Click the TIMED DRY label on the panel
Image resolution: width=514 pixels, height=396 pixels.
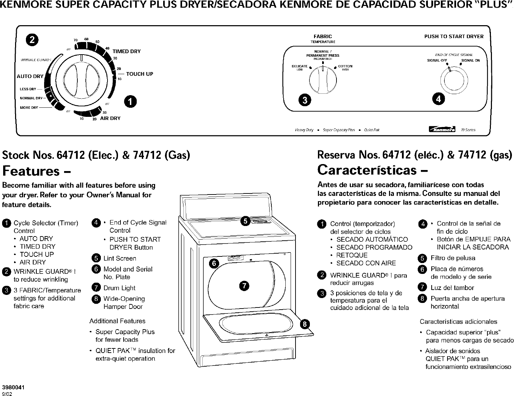point(126,51)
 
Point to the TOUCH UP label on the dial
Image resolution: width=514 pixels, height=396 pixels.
point(139,74)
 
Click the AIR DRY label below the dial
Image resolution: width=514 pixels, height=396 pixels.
point(110,118)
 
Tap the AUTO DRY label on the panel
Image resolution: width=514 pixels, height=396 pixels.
point(30,76)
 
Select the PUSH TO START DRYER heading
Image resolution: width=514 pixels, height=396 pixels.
point(454,36)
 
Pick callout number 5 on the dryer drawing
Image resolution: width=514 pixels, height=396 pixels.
point(246,221)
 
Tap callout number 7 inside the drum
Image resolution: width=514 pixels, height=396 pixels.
point(244,285)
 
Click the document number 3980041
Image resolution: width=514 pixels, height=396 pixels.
point(13,387)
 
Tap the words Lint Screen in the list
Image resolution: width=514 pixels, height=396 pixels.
point(120,259)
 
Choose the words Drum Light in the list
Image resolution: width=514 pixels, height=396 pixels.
point(119,288)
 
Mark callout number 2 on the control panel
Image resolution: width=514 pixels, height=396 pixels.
point(32,40)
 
